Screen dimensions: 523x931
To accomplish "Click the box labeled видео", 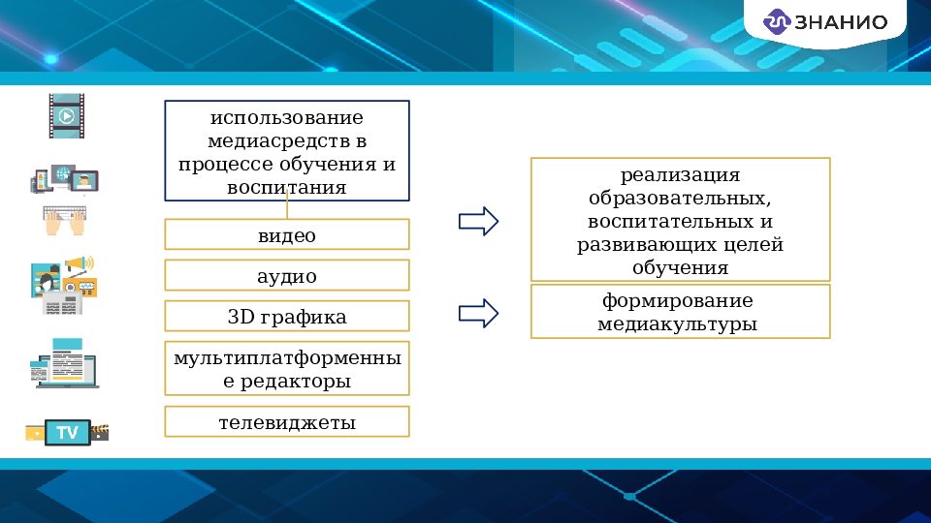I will [x=287, y=235].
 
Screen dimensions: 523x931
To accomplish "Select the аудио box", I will [x=287, y=276].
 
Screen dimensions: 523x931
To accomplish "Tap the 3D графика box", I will [x=287, y=317].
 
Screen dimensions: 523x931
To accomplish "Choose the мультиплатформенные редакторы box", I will [x=287, y=369].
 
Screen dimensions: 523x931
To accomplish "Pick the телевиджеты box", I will [x=287, y=422].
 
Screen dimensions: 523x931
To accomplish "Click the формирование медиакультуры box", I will [x=680, y=312].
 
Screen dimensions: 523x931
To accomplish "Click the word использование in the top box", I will [x=287, y=118].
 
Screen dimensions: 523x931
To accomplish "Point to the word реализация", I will [x=680, y=175].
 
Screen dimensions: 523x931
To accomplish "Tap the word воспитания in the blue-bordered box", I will [x=287, y=187].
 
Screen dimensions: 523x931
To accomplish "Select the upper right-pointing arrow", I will [x=477, y=222].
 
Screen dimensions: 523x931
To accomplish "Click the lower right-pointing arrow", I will [x=477, y=313].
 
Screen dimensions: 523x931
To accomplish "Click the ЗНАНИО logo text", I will [x=841, y=22].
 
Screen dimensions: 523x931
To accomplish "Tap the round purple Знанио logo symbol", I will [x=778, y=22].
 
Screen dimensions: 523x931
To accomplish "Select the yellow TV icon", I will [x=67, y=432].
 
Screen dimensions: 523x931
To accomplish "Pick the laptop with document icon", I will [x=64, y=364].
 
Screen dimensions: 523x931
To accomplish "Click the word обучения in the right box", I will [x=680, y=268].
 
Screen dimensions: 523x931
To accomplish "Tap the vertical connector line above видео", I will [x=287, y=209].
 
